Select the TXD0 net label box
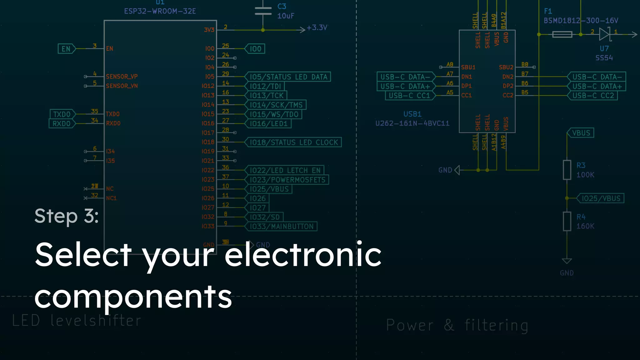[x=62, y=114]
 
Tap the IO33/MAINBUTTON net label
[x=281, y=226]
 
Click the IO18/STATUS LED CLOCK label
[x=293, y=142]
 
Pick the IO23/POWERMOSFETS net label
[x=287, y=180]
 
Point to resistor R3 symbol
[x=567, y=170]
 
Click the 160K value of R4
[x=585, y=226]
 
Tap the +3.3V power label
[x=317, y=28]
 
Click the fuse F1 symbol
[x=562, y=34]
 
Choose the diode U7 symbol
[x=605, y=34]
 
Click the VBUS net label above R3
[x=581, y=133]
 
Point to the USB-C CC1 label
[x=409, y=96]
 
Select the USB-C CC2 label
[x=593, y=96]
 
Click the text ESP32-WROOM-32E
[x=160, y=11]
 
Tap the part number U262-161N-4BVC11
[x=412, y=123]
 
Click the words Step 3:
[x=67, y=216]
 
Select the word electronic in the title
[x=303, y=255]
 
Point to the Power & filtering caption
[x=457, y=325]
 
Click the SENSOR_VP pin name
[x=122, y=77]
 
